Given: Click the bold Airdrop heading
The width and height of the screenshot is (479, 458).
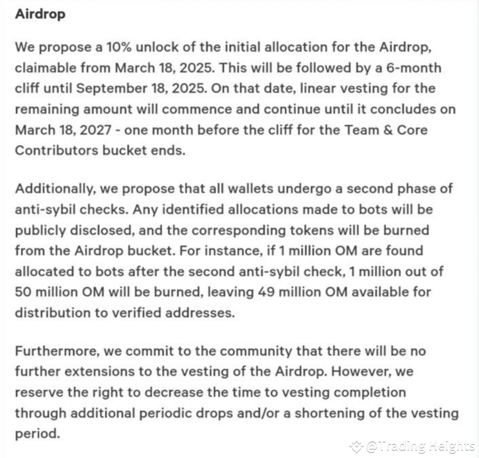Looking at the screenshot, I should click(x=40, y=14).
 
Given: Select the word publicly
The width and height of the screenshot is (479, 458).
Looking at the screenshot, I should click(x=40, y=230).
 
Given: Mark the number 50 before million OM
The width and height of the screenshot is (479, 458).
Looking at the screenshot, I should click(x=22, y=292).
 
